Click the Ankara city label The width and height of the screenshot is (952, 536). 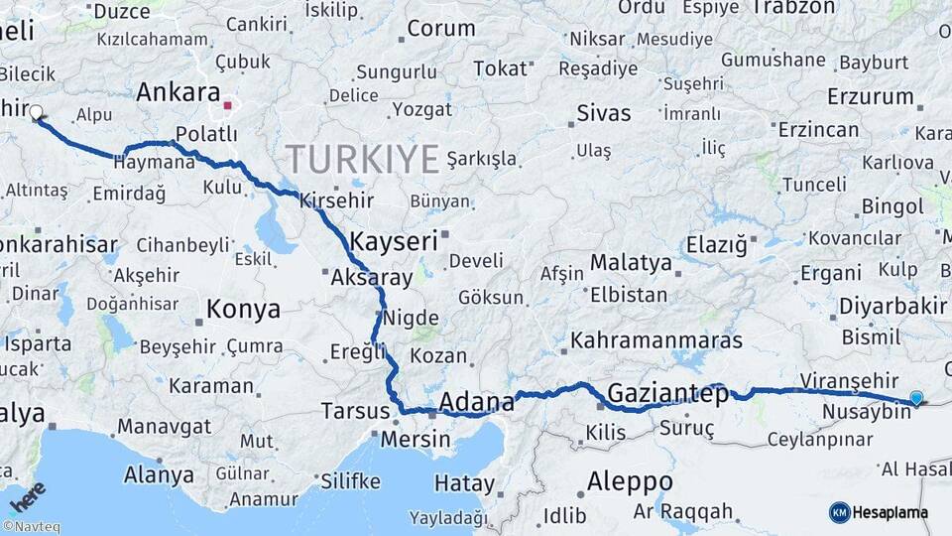coord(178,93)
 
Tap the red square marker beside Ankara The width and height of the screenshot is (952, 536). coord(228,104)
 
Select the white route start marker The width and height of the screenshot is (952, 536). coord(36,112)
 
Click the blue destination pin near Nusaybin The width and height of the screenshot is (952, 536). coord(915,398)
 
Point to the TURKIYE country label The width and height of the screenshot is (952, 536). coord(362,158)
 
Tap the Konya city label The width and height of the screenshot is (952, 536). coord(243,311)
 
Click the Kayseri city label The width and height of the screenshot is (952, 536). coord(394,241)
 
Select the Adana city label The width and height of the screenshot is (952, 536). coord(476,402)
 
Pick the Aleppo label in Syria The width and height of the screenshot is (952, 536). coord(630,481)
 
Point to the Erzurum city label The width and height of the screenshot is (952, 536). coord(870,97)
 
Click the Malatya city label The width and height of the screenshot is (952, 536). coord(632,264)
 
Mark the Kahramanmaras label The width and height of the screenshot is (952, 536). coord(655,340)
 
